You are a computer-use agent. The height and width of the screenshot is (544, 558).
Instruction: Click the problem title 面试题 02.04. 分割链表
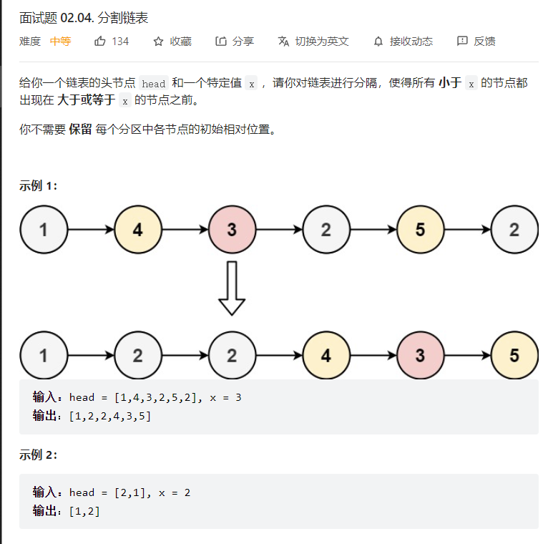pyautogui.click(x=84, y=18)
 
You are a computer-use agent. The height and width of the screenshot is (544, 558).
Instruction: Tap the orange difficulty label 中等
pyautogui.click(x=60, y=42)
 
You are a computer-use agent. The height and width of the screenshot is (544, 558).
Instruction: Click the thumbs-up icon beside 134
pyautogui.click(x=100, y=42)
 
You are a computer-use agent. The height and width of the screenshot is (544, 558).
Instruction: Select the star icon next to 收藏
pyautogui.click(x=159, y=42)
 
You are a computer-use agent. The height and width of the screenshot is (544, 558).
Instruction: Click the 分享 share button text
pyautogui.click(x=243, y=42)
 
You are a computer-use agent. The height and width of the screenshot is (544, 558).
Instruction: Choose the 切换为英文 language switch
pyautogui.click(x=322, y=42)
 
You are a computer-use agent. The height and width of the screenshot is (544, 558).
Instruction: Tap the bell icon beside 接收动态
pyautogui.click(x=378, y=42)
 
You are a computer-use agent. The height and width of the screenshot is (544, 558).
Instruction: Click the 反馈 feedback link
pyautogui.click(x=484, y=42)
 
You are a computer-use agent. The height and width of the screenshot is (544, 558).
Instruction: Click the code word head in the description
pyautogui.click(x=153, y=84)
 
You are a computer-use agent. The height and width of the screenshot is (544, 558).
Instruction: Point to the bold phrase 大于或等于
pyautogui.click(x=86, y=100)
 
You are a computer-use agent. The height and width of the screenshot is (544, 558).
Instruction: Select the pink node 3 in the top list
pyautogui.click(x=232, y=230)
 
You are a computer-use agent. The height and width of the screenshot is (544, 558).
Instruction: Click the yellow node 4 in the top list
pyautogui.click(x=137, y=230)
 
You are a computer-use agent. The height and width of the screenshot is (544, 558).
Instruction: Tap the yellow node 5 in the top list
pyautogui.click(x=420, y=230)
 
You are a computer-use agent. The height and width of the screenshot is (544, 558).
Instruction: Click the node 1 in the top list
pyautogui.click(x=44, y=230)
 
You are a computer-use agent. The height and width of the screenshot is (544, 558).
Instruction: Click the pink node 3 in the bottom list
pyautogui.click(x=420, y=356)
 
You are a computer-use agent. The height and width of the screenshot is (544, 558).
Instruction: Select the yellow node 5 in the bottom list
pyautogui.click(x=514, y=356)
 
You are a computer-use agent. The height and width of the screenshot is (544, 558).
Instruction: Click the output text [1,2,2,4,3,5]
pyautogui.click(x=110, y=416)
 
